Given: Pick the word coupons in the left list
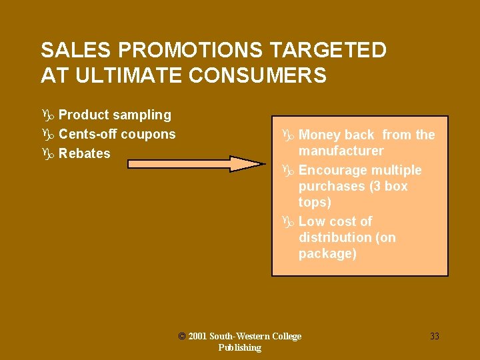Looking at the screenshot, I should pos(148,134).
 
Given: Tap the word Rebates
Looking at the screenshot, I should pos(85,153).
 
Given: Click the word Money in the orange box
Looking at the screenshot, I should pos(317,135).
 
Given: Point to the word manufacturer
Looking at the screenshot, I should pos(341,151).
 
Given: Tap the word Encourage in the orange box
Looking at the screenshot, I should pos(331,170).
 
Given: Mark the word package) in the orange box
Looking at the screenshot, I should pos(327,253).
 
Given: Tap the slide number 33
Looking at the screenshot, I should pos(434,336).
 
